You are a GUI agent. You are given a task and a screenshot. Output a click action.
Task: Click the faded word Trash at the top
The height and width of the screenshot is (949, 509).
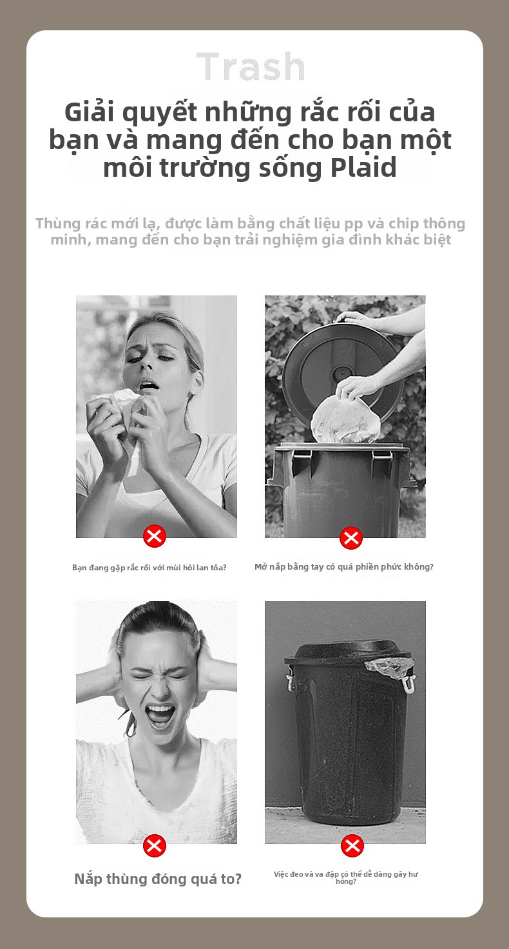coord(251,66)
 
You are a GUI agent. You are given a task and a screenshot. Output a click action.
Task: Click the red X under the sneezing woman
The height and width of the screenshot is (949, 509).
coord(155,536)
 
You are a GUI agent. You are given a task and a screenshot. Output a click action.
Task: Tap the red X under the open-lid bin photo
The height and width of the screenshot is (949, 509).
coord(351,538)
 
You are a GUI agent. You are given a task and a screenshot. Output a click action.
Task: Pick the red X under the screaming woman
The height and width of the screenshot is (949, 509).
coord(155,846)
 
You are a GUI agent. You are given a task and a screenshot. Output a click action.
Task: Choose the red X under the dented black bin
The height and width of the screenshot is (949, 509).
coord(352,846)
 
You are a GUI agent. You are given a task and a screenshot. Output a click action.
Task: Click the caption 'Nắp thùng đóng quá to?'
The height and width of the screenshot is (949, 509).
coord(158,879)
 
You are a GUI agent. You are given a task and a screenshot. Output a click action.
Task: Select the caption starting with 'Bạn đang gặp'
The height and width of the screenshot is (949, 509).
coord(149,567)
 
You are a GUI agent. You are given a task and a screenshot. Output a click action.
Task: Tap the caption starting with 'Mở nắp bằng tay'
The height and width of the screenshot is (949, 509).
coord(344,567)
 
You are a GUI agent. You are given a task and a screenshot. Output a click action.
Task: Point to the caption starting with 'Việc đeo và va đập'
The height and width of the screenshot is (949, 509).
coord(346,877)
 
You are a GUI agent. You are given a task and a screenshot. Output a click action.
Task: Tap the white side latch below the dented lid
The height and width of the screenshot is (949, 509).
coord(407,683)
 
